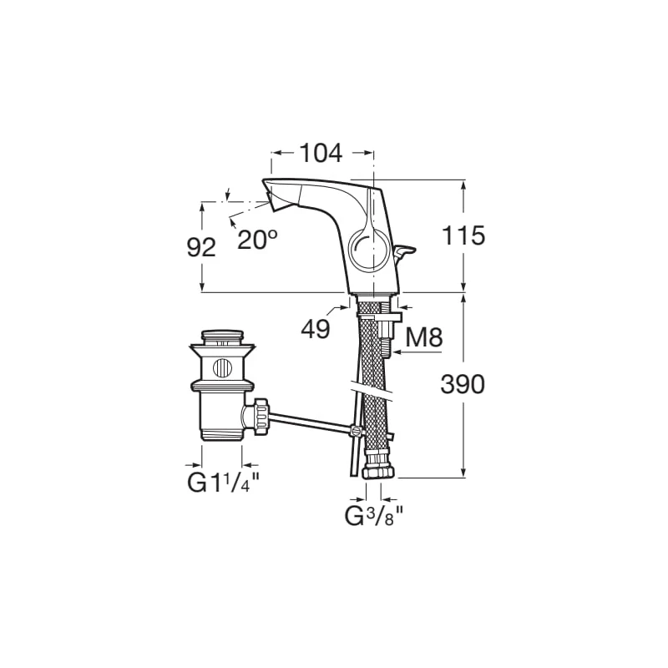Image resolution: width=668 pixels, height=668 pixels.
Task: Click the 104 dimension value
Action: click(x=321, y=153)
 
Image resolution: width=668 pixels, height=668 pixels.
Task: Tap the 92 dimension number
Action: click(x=201, y=247)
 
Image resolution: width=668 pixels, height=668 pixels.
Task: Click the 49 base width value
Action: click(x=316, y=329)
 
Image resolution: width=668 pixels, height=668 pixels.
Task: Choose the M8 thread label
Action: click(x=423, y=338)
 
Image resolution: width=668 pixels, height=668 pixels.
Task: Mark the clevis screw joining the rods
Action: click(x=356, y=432)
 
